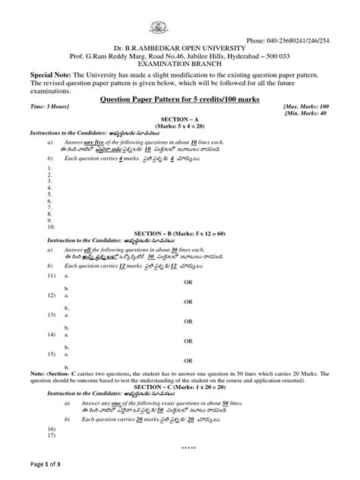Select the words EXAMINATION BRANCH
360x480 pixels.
(x=180, y=66)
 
